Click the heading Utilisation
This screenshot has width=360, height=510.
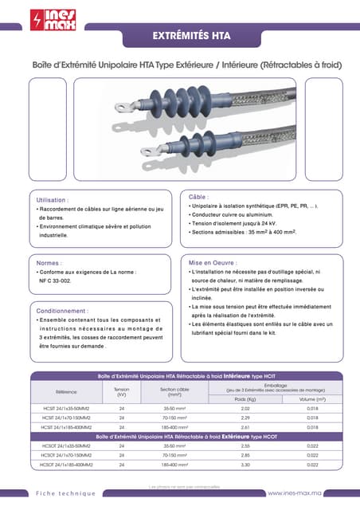53,199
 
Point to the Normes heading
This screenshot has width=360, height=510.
50,262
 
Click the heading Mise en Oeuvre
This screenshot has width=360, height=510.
213,262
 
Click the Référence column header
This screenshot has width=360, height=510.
67,391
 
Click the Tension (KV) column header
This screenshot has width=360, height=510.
122,391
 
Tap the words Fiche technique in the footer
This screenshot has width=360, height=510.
65,494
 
